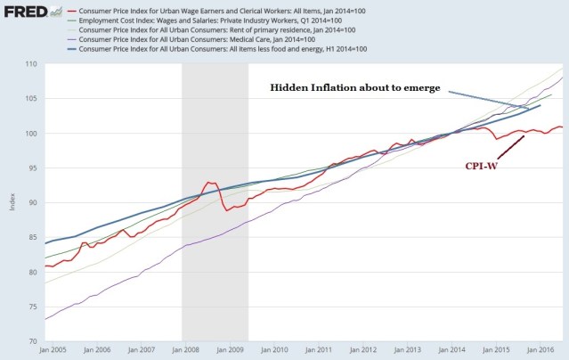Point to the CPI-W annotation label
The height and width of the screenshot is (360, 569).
coord(481,167)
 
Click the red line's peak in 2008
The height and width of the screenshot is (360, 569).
coord(210,183)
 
